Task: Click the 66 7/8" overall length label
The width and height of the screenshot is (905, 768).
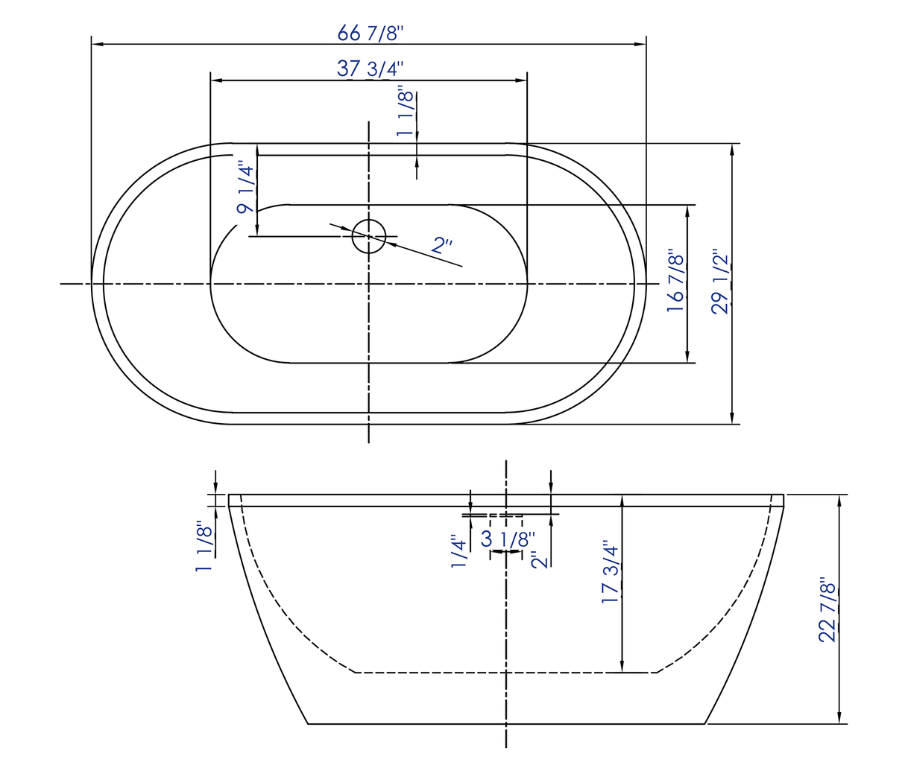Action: pyautogui.click(x=370, y=33)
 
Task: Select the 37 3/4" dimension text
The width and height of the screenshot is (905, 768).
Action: pyautogui.click(x=370, y=69)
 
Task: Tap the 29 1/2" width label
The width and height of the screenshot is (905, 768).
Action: pyautogui.click(x=720, y=281)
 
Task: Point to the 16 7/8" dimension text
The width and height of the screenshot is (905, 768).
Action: pyautogui.click(x=675, y=281)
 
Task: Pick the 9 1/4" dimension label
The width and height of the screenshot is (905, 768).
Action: pyautogui.click(x=245, y=188)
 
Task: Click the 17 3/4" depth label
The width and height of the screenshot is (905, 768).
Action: pyautogui.click(x=610, y=572)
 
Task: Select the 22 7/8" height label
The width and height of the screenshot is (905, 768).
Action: pyautogui.click(x=827, y=609)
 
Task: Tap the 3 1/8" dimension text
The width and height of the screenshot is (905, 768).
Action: pyautogui.click(x=508, y=539)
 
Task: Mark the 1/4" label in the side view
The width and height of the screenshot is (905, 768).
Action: pyautogui.click(x=458, y=552)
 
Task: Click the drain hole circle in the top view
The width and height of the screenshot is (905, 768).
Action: pyautogui.click(x=369, y=237)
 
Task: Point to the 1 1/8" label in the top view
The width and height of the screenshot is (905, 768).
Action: pyautogui.click(x=405, y=112)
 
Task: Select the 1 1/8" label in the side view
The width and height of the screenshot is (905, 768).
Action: pyautogui.click(x=204, y=547)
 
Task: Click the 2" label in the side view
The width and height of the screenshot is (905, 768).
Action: pyautogui.click(x=540, y=559)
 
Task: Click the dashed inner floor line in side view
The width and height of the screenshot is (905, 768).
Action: pyautogui.click(x=506, y=673)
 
